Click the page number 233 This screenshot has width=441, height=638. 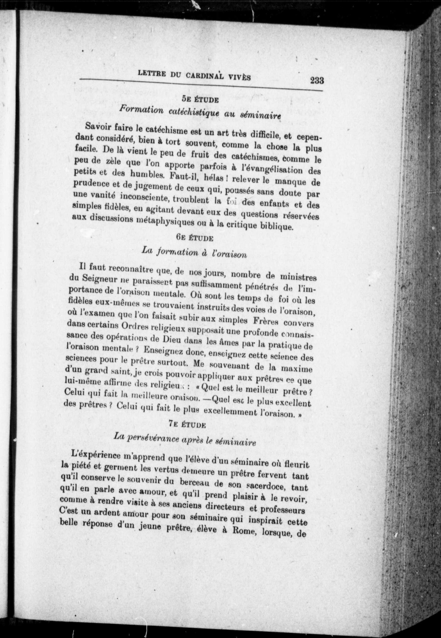click(x=317, y=81)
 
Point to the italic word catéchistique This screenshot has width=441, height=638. click(x=195, y=112)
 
